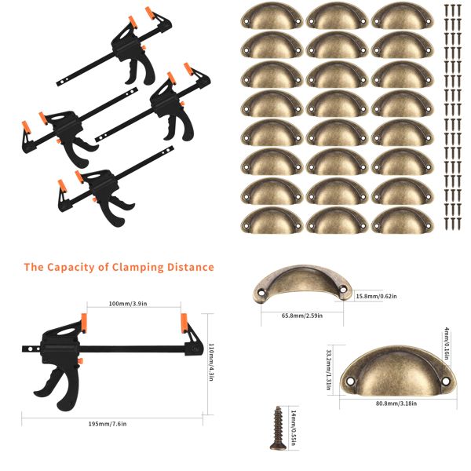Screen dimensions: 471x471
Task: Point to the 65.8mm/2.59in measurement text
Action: pos(303,316)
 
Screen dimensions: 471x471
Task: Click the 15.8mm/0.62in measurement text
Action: pos(376,296)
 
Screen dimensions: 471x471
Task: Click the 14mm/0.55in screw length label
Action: pos(293,429)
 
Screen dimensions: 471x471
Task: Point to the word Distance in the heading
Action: pos(190,267)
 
